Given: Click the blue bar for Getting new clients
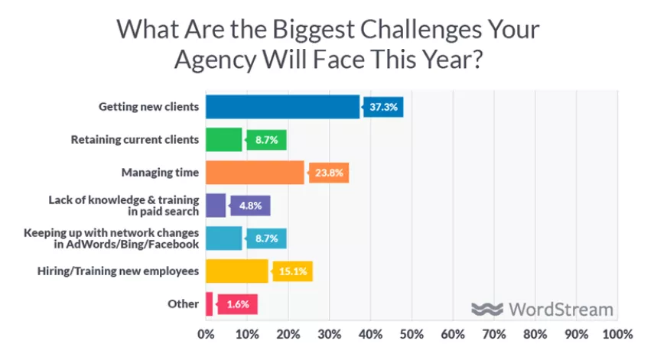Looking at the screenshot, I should click(282, 107).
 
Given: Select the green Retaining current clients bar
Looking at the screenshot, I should click(223, 140).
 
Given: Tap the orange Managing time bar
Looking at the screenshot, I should click(255, 173).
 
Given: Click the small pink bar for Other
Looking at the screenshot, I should click(209, 304).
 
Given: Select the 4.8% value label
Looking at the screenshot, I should click(252, 206).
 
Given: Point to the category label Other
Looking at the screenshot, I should click(184, 304).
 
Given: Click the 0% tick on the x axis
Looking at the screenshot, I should click(206, 335).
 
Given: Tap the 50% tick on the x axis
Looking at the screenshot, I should click(412, 335).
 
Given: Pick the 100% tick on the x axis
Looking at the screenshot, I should click(617, 335).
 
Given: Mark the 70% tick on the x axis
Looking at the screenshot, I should click(494, 335).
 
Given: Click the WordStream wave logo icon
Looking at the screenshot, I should click(486, 310).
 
